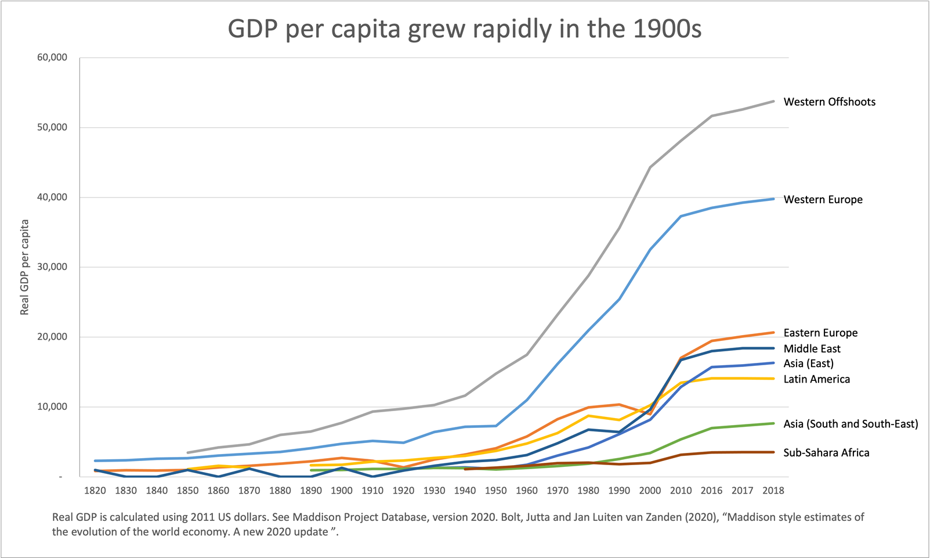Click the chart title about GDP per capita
point(464,29)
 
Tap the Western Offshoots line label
point(829,102)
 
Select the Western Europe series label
point(823,199)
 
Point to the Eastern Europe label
point(820,333)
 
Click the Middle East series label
point(812,348)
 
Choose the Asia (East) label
point(808,363)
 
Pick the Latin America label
point(816,379)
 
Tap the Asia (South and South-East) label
point(851,424)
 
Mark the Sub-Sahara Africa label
point(826,453)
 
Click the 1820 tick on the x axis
point(95,491)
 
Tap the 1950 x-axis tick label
point(495,491)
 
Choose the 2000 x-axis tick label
point(650,491)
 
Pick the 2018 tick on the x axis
point(773,491)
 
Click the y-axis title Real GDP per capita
point(24,267)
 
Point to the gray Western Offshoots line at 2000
point(650,167)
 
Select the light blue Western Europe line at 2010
point(681,216)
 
